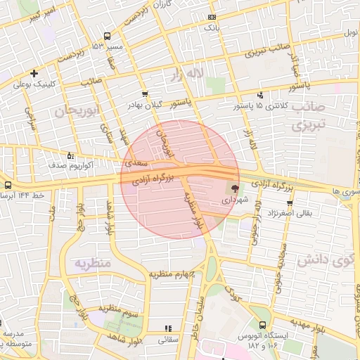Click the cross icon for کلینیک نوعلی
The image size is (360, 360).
pyautogui.click(x=34, y=73)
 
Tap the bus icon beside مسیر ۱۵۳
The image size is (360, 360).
pyautogui.click(x=107, y=36)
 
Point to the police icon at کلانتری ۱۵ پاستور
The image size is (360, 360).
pyautogui.click(x=261, y=95)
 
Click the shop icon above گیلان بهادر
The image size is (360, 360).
pyautogui.click(x=145, y=94)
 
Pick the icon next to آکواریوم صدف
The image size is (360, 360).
pyautogui.click(x=70, y=156)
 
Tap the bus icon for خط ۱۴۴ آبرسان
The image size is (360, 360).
pyautogui.click(x=8, y=185)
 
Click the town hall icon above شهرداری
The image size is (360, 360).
pyautogui.click(x=233, y=188)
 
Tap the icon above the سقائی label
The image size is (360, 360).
pyautogui.click(x=167, y=328)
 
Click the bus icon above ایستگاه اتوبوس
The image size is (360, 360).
pyautogui.click(x=262, y=326)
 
